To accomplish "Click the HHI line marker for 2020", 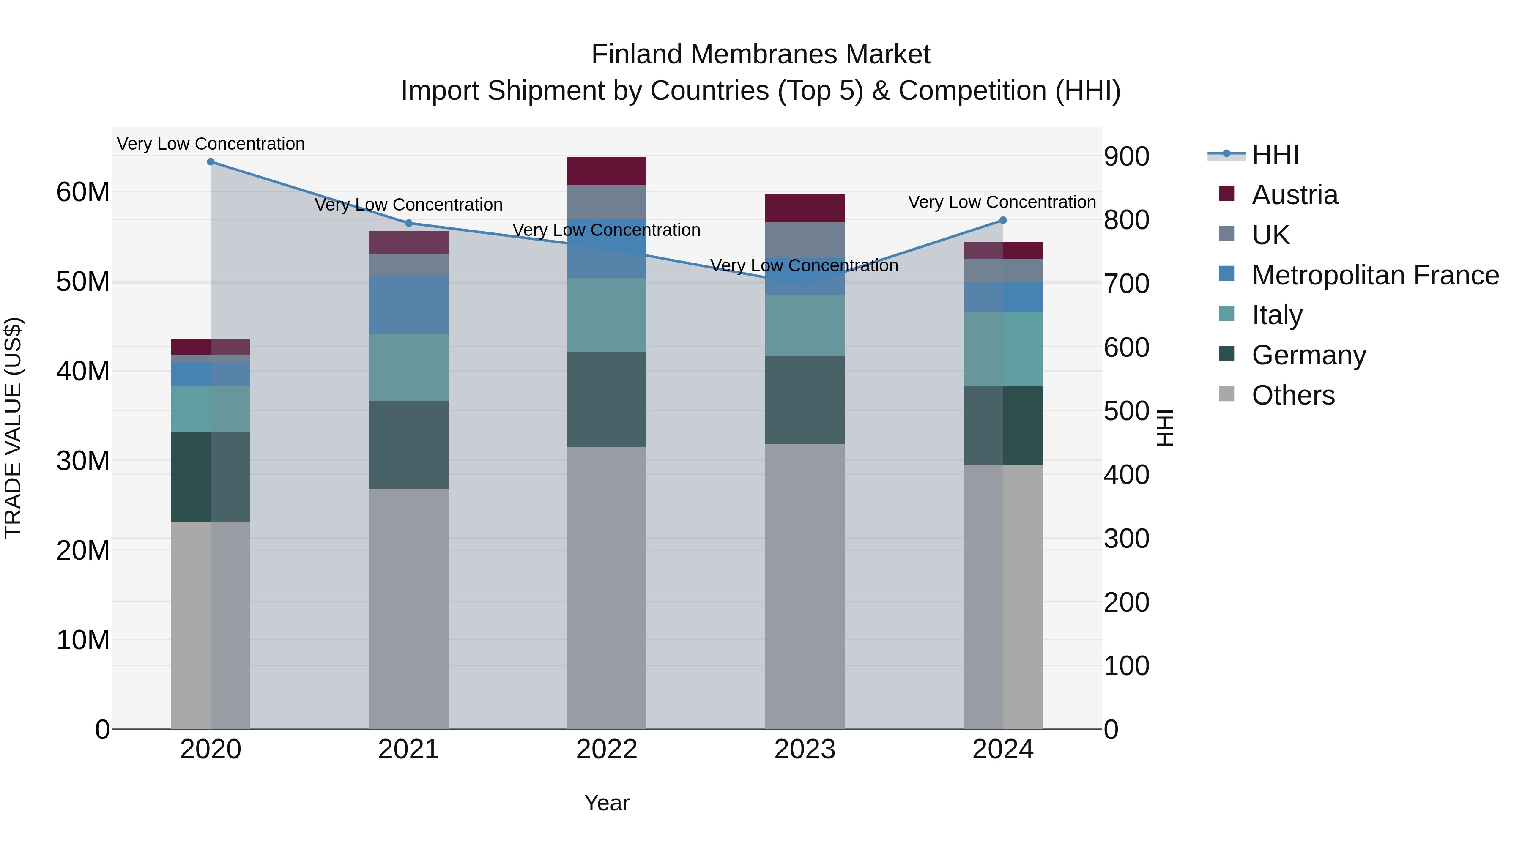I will pyautogui.click(x=211, y=162).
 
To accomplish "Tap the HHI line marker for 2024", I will pyautogui.click(x=1003, y=220).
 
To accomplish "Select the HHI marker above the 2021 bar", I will pyautogui.click(x=409, y=223).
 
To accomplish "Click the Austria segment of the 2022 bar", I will pyautogui.click(x=606, y=171).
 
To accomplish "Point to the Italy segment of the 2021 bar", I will pyautogui.click(x=408, y=367).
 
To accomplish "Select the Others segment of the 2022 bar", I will pyautogui.click(x=606, y=588).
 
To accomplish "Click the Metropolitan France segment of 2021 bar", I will pyautogui.click(x=408, y=305).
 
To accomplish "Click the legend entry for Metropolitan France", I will pyautogui.click(x=1374, y=275).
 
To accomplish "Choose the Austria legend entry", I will pyautogui.click(x=1294, y=195).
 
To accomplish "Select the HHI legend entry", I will pyautogui.click(x=1274, y=155).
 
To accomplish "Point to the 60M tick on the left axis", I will pyautogui.click(x=83, y=192).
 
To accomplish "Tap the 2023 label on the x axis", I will pyautogui.click(x=804, y=749).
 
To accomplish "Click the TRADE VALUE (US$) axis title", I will pyautogui.click(x=13, y=428).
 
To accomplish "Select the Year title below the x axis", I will pyautogui.click(x=606, y=803).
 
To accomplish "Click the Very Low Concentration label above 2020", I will pyautogui.click(x=211, y=144).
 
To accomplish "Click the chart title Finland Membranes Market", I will pyautogui.click(x=761, y=55).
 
